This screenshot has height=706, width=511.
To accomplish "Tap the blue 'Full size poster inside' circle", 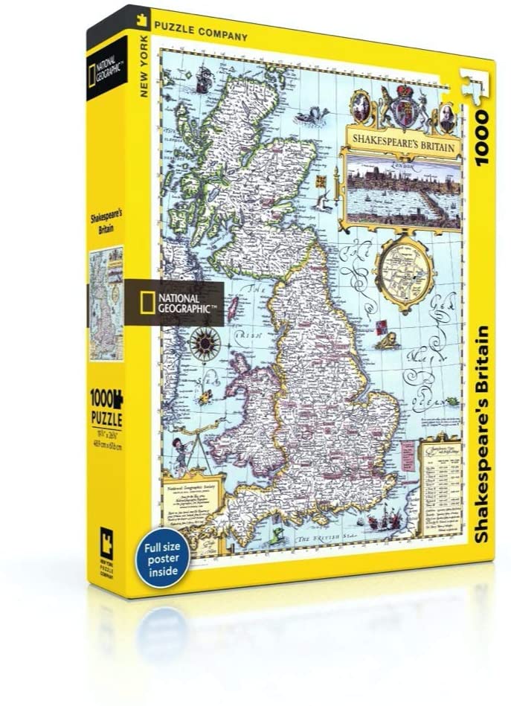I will point(162,556).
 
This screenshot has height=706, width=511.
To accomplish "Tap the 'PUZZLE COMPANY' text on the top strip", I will point(201,32).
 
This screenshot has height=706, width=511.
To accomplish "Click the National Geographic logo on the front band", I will point(176,304).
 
